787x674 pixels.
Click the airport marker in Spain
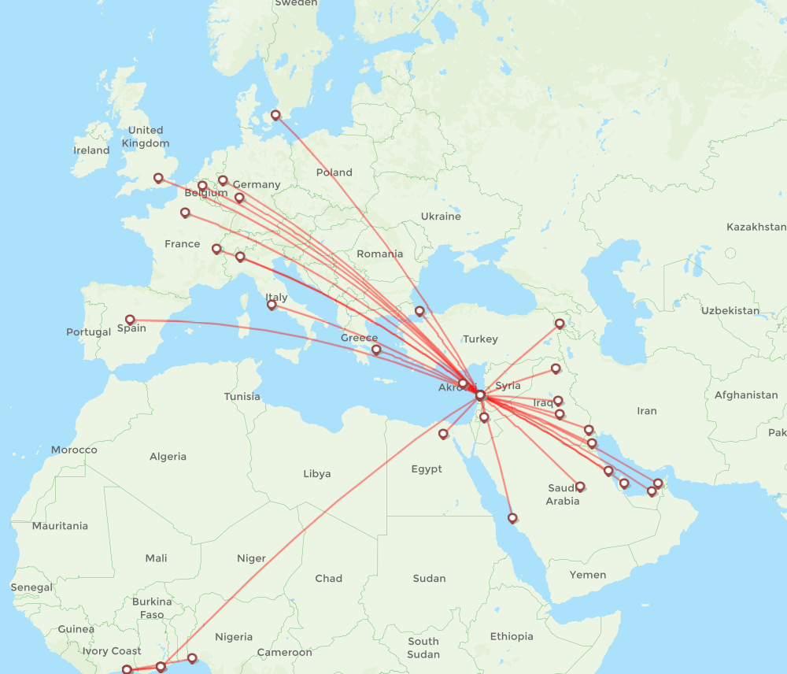click(131, 320)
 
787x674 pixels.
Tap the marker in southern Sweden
click(275, 115)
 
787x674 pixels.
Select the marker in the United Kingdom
click(158, 178)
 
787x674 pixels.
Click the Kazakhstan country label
click(756, 227)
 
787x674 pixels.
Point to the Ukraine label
click(441, 216)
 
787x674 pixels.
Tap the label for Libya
click(317, 473)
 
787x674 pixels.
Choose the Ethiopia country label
click(512, 636)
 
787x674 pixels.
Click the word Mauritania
click(60, 525)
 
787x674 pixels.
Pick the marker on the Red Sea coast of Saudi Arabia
click(513, 518)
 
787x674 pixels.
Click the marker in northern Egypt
click(443, 434)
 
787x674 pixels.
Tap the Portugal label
click(88, 332)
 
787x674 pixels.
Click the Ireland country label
click(91, 150)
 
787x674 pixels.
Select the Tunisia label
click(242, 396)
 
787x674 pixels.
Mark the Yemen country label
click(588, 575)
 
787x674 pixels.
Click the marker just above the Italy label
click(272, 304)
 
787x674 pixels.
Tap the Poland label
click(334, 172)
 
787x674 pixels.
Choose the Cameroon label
click(285, 652)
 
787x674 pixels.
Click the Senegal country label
click(31, 587)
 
